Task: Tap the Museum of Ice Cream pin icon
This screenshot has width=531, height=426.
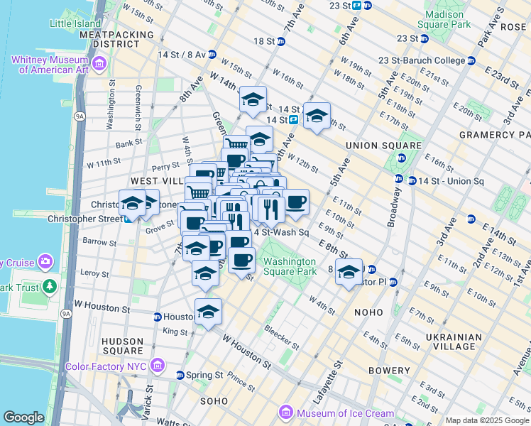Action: [286, 413]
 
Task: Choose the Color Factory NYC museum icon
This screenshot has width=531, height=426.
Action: [158, 367]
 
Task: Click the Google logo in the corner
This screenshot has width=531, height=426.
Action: [23, 417]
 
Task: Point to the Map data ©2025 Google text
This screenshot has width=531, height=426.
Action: [486, 420]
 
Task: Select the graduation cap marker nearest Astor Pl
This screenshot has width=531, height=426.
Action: [349, 271]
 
